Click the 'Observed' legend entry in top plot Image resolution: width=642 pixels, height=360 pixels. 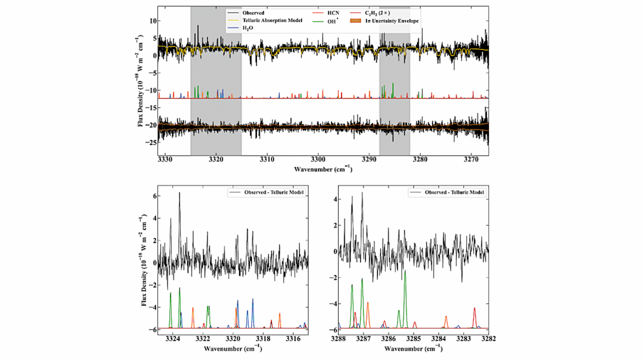[251, 13]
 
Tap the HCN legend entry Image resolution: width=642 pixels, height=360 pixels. [333, 13]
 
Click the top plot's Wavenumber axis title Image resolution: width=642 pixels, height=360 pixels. [324, 169]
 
